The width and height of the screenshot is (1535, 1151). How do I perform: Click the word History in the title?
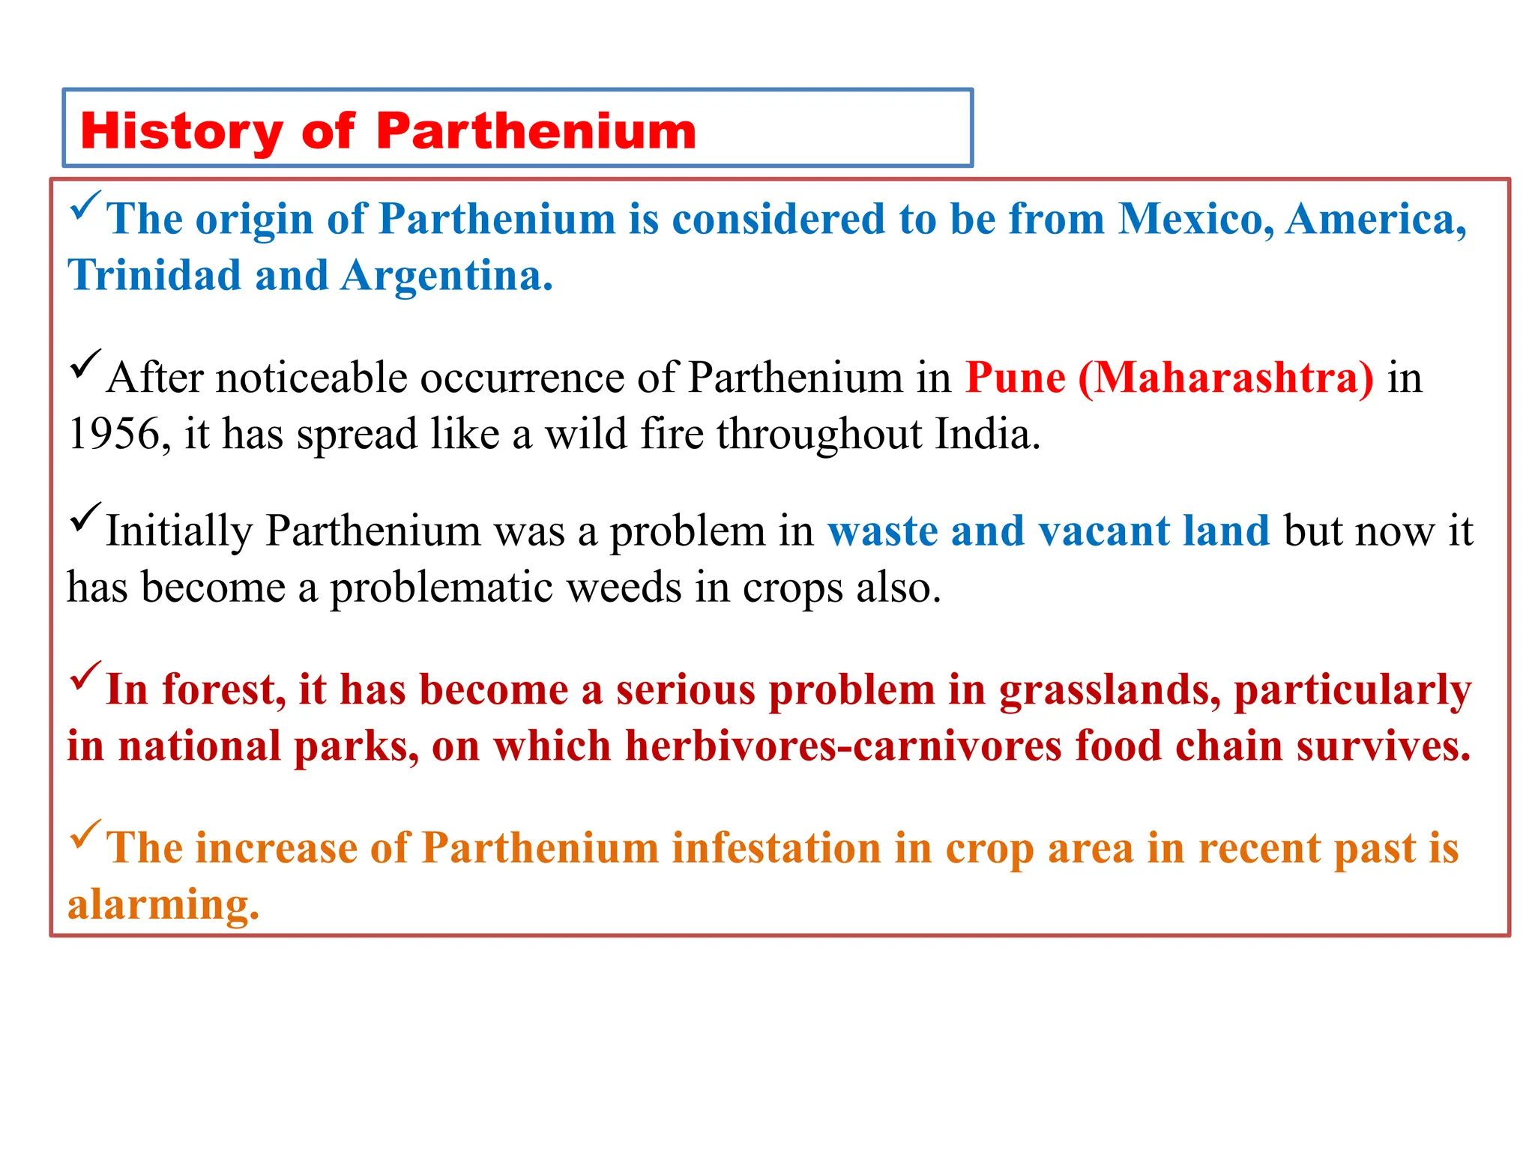tap(181, 131)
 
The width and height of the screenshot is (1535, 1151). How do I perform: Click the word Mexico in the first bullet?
tap(1196, 220)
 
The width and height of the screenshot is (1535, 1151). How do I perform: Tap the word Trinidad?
tap(154, 276)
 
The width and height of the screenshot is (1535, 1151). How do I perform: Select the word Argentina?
tap(446, 276)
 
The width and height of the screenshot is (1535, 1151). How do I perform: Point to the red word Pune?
tap(1015, 377)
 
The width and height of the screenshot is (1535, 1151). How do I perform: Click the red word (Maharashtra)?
tap(1226, 377)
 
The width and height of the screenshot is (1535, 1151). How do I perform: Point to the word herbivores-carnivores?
tap(844, 746)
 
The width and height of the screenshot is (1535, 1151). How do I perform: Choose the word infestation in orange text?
tap(776, 848)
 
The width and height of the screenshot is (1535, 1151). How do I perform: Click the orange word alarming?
tap(163, 905)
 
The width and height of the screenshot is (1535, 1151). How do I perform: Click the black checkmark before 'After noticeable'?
tap(85, 363)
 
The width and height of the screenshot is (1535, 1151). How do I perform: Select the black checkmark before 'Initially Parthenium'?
tap(85, 517)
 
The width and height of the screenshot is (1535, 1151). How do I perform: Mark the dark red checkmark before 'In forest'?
tap(85, 676)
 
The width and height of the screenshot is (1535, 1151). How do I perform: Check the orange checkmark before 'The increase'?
tap(85, 834)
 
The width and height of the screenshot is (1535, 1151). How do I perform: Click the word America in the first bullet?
tap(1376, 220)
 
